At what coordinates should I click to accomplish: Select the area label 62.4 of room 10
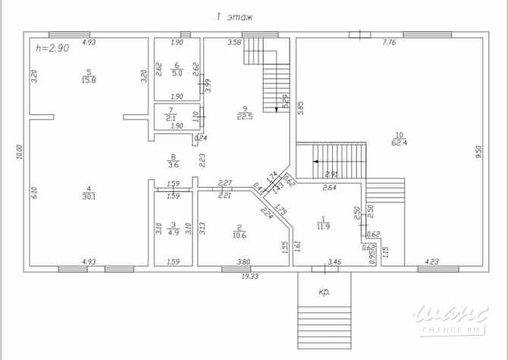pyautogui.click(x=397, y=141)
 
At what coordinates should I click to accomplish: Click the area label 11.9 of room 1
pyautogui.click(x=323, y=225)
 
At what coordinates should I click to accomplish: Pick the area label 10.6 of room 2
pyautogui.click(x=238, y=235)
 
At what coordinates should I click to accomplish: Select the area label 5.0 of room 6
pyautogui.click(x=176, y=74)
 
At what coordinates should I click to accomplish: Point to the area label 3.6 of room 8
pyautogui.click(x=173, y=164)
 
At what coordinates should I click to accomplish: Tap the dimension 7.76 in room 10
pyautogui.click(x=390, y=42)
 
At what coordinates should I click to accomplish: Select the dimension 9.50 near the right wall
pyautogui.click(x=478, y=151)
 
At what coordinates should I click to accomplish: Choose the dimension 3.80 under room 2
pyautogui.click(x=243, y=261)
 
